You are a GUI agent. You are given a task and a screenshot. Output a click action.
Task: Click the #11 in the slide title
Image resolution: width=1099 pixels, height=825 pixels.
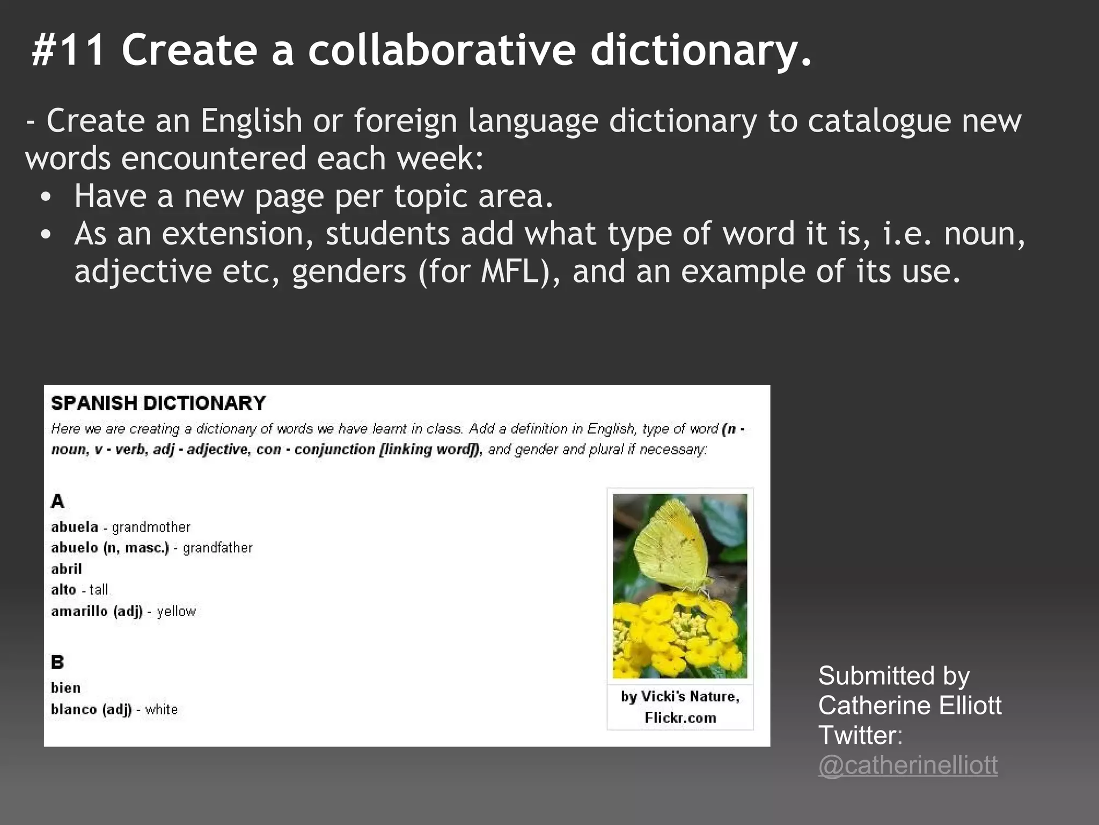coord(68,50)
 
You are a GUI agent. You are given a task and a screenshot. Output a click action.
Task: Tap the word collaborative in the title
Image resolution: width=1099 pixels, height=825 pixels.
coord(442,50)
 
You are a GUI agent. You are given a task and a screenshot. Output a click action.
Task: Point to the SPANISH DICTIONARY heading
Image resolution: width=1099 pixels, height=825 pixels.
coord(158,403)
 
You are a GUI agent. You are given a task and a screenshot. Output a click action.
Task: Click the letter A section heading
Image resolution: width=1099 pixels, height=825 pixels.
coord(57,502)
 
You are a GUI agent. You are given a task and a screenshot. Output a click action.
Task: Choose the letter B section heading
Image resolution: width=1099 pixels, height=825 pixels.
coord(57,662)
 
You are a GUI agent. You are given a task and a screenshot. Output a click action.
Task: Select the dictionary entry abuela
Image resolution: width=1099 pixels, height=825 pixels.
coord(75,527)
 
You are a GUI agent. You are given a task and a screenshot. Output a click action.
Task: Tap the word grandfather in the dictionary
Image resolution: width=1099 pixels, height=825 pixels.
coord(217,548)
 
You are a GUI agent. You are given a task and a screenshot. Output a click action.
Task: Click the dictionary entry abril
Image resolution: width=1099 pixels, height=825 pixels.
coord(67,569)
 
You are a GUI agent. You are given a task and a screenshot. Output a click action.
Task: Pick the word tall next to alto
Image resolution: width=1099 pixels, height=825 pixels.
coord(99,590)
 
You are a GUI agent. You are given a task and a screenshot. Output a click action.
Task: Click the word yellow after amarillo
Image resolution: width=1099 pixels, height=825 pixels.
coord(176,611)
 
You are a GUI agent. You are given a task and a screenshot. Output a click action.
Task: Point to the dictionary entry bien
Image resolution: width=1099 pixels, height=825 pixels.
coord(66,688)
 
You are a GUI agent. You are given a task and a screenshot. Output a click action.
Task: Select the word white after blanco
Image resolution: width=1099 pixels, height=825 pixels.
coord(161,710)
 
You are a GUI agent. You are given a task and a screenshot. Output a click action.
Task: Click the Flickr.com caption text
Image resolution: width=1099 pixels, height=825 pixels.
coord(680,718)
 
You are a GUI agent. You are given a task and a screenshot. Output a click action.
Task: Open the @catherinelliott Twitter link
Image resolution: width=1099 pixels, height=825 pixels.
coord(908,765)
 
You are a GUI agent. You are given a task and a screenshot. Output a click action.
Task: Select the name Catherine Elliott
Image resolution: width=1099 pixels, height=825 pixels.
coord(910,705)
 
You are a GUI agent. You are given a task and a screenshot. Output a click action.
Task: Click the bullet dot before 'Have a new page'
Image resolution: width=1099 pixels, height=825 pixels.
coord(46,197)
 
